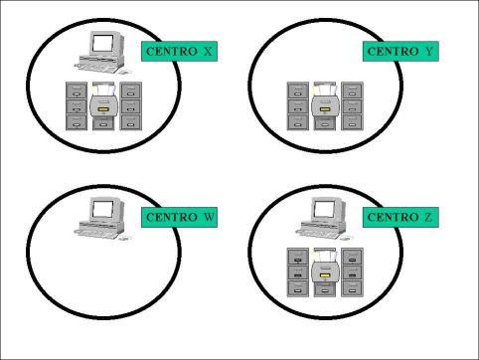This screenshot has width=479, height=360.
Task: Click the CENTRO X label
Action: (179, 52)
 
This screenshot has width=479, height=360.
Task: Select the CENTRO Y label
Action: (400, 52)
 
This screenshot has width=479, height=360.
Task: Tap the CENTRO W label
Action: (179, 218)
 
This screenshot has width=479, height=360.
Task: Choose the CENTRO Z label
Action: (400, 218)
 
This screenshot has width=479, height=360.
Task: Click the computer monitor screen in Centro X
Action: (102, 43)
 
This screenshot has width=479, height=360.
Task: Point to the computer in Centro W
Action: (102, 218)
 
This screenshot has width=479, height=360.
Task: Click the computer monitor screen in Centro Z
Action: (324, 209)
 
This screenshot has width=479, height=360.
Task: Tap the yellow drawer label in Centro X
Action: (103, 109)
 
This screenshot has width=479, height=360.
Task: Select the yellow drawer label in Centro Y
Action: (325, 109)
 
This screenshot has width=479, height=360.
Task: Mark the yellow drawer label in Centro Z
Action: (325, 275)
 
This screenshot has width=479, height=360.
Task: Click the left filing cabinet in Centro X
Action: (77, 105)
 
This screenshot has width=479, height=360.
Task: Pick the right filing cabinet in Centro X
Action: (130, 105)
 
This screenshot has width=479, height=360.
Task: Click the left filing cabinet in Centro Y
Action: (298, 105)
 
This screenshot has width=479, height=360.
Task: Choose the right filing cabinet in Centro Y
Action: (352, 105)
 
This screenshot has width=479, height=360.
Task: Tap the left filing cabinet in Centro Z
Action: (298, 271)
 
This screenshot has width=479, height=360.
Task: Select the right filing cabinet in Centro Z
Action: (352, 271)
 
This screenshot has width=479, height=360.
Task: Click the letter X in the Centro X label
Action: (208, 52)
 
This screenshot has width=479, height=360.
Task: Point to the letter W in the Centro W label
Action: (209, 218)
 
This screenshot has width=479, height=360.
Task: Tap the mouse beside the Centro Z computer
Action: (346, 238)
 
